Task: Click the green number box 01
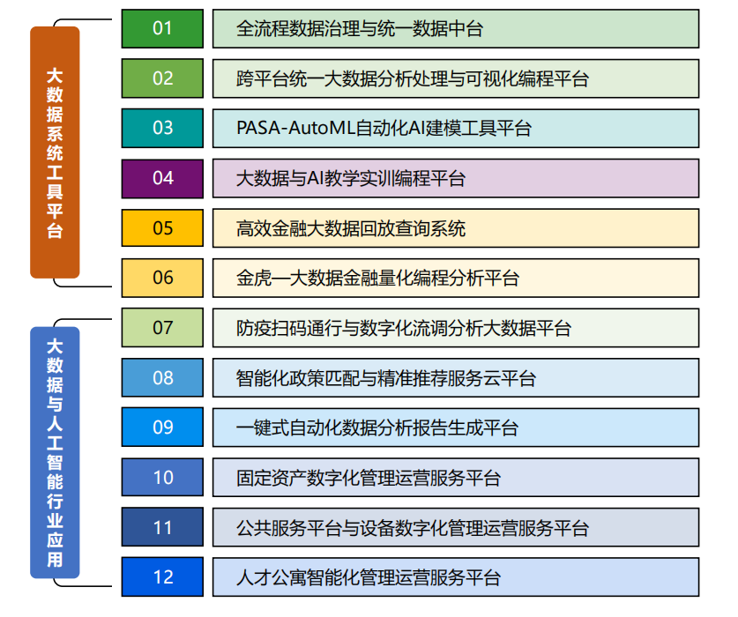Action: [162, 28]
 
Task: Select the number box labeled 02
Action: [162, 78]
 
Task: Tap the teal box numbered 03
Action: [162, 128]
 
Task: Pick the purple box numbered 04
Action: [162, 178]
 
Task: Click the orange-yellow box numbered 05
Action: [162, 228]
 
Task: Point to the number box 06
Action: [162, 278]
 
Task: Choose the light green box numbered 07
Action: [162, 328]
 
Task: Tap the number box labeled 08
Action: [162, 377]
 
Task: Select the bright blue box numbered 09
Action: [162, 427]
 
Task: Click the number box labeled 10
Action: [162, 477]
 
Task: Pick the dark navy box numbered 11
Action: [162, 527]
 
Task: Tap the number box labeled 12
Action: [162, 577]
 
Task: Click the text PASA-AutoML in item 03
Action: [295, 128]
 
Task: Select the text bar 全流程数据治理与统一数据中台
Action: [456, 29]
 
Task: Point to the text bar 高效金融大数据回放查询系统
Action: [456, 228]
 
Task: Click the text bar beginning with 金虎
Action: [456, 279]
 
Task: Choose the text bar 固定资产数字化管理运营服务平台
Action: [456, 478]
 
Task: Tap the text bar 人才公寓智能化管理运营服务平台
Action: [456, 577]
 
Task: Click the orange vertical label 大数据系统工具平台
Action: [55, 152]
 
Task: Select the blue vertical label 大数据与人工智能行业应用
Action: [55, 453]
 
